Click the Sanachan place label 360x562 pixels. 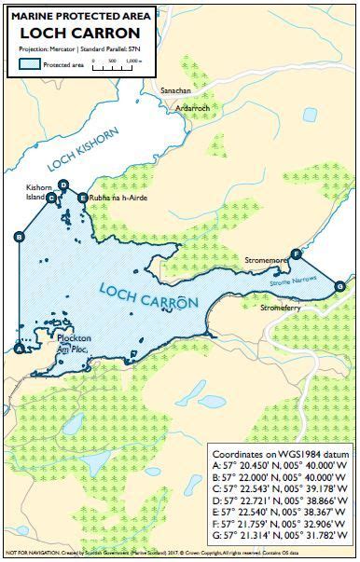pos(178,91)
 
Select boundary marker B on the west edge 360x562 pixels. pos(19,237)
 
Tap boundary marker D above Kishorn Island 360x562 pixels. pos(62,185)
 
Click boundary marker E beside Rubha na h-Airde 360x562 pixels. pos(83,198)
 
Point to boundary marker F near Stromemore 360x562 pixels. pos(297,254)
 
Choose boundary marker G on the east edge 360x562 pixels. pos(339,285)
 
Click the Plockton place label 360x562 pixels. pos(71,338)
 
